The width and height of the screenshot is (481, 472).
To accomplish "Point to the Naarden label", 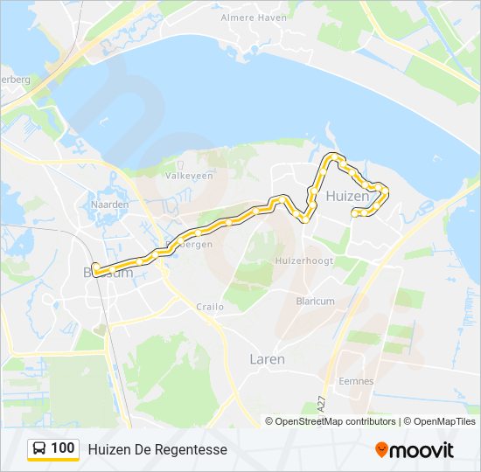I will (110, 204).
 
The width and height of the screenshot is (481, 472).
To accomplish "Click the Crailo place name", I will (210, 307).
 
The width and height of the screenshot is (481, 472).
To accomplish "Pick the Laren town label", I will (267, 358).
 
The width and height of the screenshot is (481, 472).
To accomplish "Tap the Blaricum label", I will (316, 301).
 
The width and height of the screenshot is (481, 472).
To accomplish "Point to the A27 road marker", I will (322, 406).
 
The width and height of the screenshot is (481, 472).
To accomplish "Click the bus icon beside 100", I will (40, 448).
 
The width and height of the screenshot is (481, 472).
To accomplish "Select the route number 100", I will (62, 448).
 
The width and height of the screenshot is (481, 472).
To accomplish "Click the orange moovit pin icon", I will (381, 449).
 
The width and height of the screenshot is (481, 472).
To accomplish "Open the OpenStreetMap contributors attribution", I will (335, 421).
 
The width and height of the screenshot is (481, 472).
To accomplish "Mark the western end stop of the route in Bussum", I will (95, 270).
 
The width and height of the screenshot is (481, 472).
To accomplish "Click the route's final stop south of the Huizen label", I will (354, 213).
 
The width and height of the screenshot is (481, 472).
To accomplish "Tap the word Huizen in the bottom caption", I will (106, 449).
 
